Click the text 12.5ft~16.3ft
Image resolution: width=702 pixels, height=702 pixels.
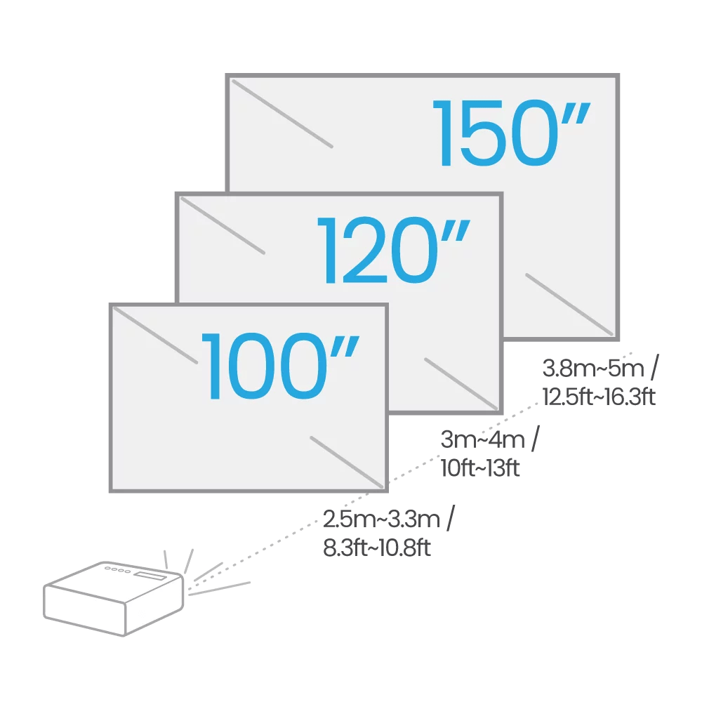598,397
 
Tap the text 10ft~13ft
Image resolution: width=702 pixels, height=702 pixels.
480,468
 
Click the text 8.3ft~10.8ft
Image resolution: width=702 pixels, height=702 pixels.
376,548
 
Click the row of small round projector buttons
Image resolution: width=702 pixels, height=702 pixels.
117,570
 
